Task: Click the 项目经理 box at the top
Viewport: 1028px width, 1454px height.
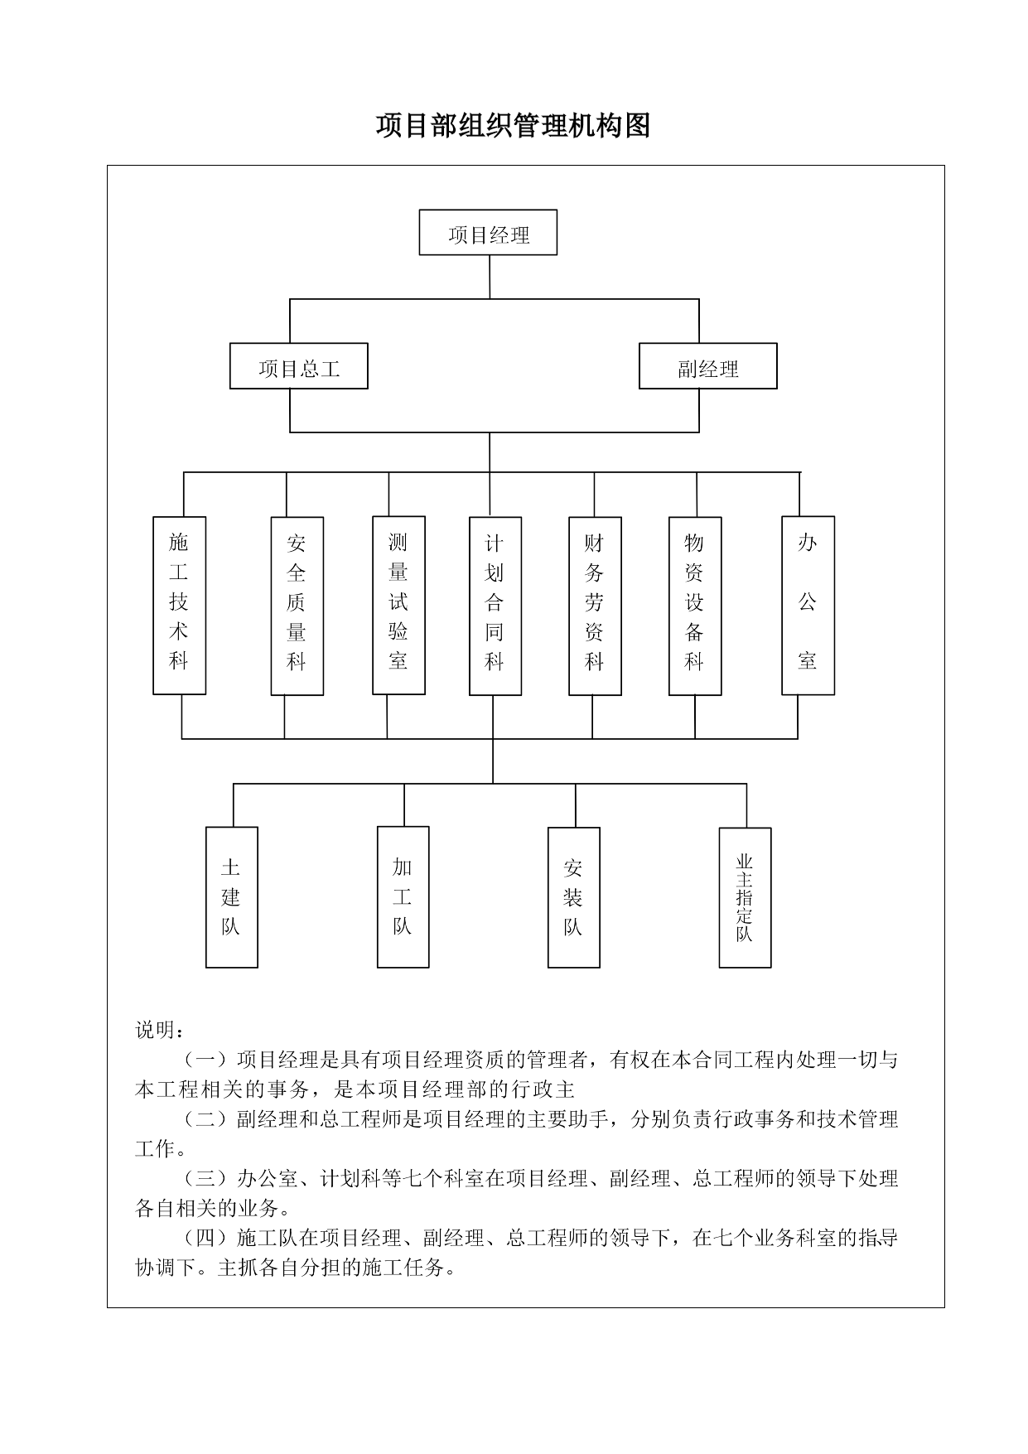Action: tap(488, 232)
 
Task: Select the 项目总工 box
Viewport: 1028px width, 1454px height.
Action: tap(299, 366)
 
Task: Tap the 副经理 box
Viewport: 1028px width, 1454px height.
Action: tap(708, 366)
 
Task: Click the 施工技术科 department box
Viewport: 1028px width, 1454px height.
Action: tap(180, 606)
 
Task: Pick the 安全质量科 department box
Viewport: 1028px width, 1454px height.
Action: tap(297, 606)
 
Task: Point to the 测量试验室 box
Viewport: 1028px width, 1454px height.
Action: tap(399, 606)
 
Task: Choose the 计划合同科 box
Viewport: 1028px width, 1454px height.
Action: tap(495, 606)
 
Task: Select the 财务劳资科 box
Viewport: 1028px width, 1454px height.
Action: tap(596, 606)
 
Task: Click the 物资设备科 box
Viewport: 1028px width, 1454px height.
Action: tap(696, 606)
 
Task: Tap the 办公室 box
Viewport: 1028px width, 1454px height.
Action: tap(808, 606)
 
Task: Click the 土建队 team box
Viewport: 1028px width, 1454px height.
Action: tap(232, 897)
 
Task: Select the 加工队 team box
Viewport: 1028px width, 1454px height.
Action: tap(403, 897)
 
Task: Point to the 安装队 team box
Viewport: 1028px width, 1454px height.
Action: tap(574, 898)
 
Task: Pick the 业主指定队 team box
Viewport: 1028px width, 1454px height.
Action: tap(746, 898)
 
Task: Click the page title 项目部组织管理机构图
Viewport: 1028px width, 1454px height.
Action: tap(513, 126)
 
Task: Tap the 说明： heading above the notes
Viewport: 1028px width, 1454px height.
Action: tap(160, 1030)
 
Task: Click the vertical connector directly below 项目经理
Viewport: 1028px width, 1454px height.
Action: tap(490, 277)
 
